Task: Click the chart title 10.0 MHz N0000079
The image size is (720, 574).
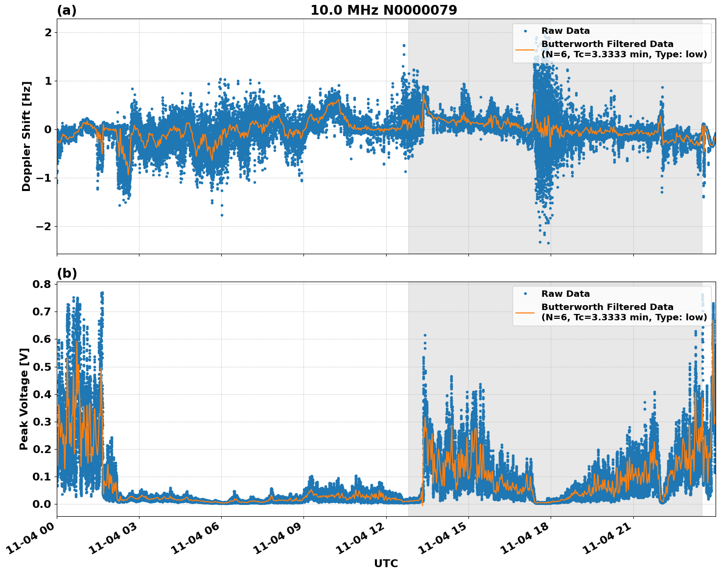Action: coord(383,10)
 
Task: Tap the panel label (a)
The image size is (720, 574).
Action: coord(67,10)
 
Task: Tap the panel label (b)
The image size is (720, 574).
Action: coord(67,273)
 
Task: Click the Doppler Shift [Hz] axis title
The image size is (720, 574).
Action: coord(26,136)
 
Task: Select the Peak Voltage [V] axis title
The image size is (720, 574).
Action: coord(24,399)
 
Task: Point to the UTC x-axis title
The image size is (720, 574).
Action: coord(386,563)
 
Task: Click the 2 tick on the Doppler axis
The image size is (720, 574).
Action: coord(48,33)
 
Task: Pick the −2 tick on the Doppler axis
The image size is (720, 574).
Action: coord(44,226)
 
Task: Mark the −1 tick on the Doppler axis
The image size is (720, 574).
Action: coord(44,178)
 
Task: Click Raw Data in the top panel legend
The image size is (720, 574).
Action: coord(565,31)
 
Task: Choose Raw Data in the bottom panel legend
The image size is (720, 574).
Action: coord(565,294)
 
